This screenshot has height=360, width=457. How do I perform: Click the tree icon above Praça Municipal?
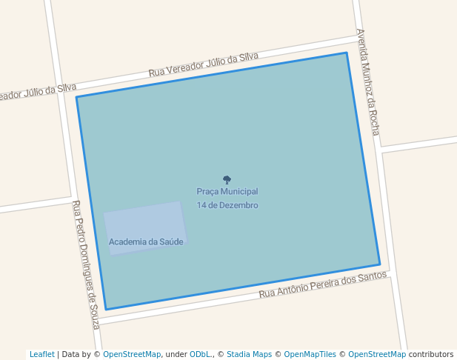227,179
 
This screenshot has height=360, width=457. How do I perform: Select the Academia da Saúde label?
146,242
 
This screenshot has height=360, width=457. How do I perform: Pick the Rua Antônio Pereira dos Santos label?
323,285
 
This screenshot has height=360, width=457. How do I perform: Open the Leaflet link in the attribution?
41,355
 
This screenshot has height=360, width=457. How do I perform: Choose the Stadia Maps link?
249,355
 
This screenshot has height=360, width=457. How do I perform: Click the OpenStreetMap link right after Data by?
132,355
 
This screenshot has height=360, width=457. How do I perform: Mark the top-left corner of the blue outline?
76,97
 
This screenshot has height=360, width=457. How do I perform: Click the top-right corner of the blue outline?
347,53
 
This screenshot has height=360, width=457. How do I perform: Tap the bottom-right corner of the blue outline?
380,264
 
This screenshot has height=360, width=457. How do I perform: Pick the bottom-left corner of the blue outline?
105,310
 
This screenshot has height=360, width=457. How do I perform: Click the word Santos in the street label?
372,276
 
